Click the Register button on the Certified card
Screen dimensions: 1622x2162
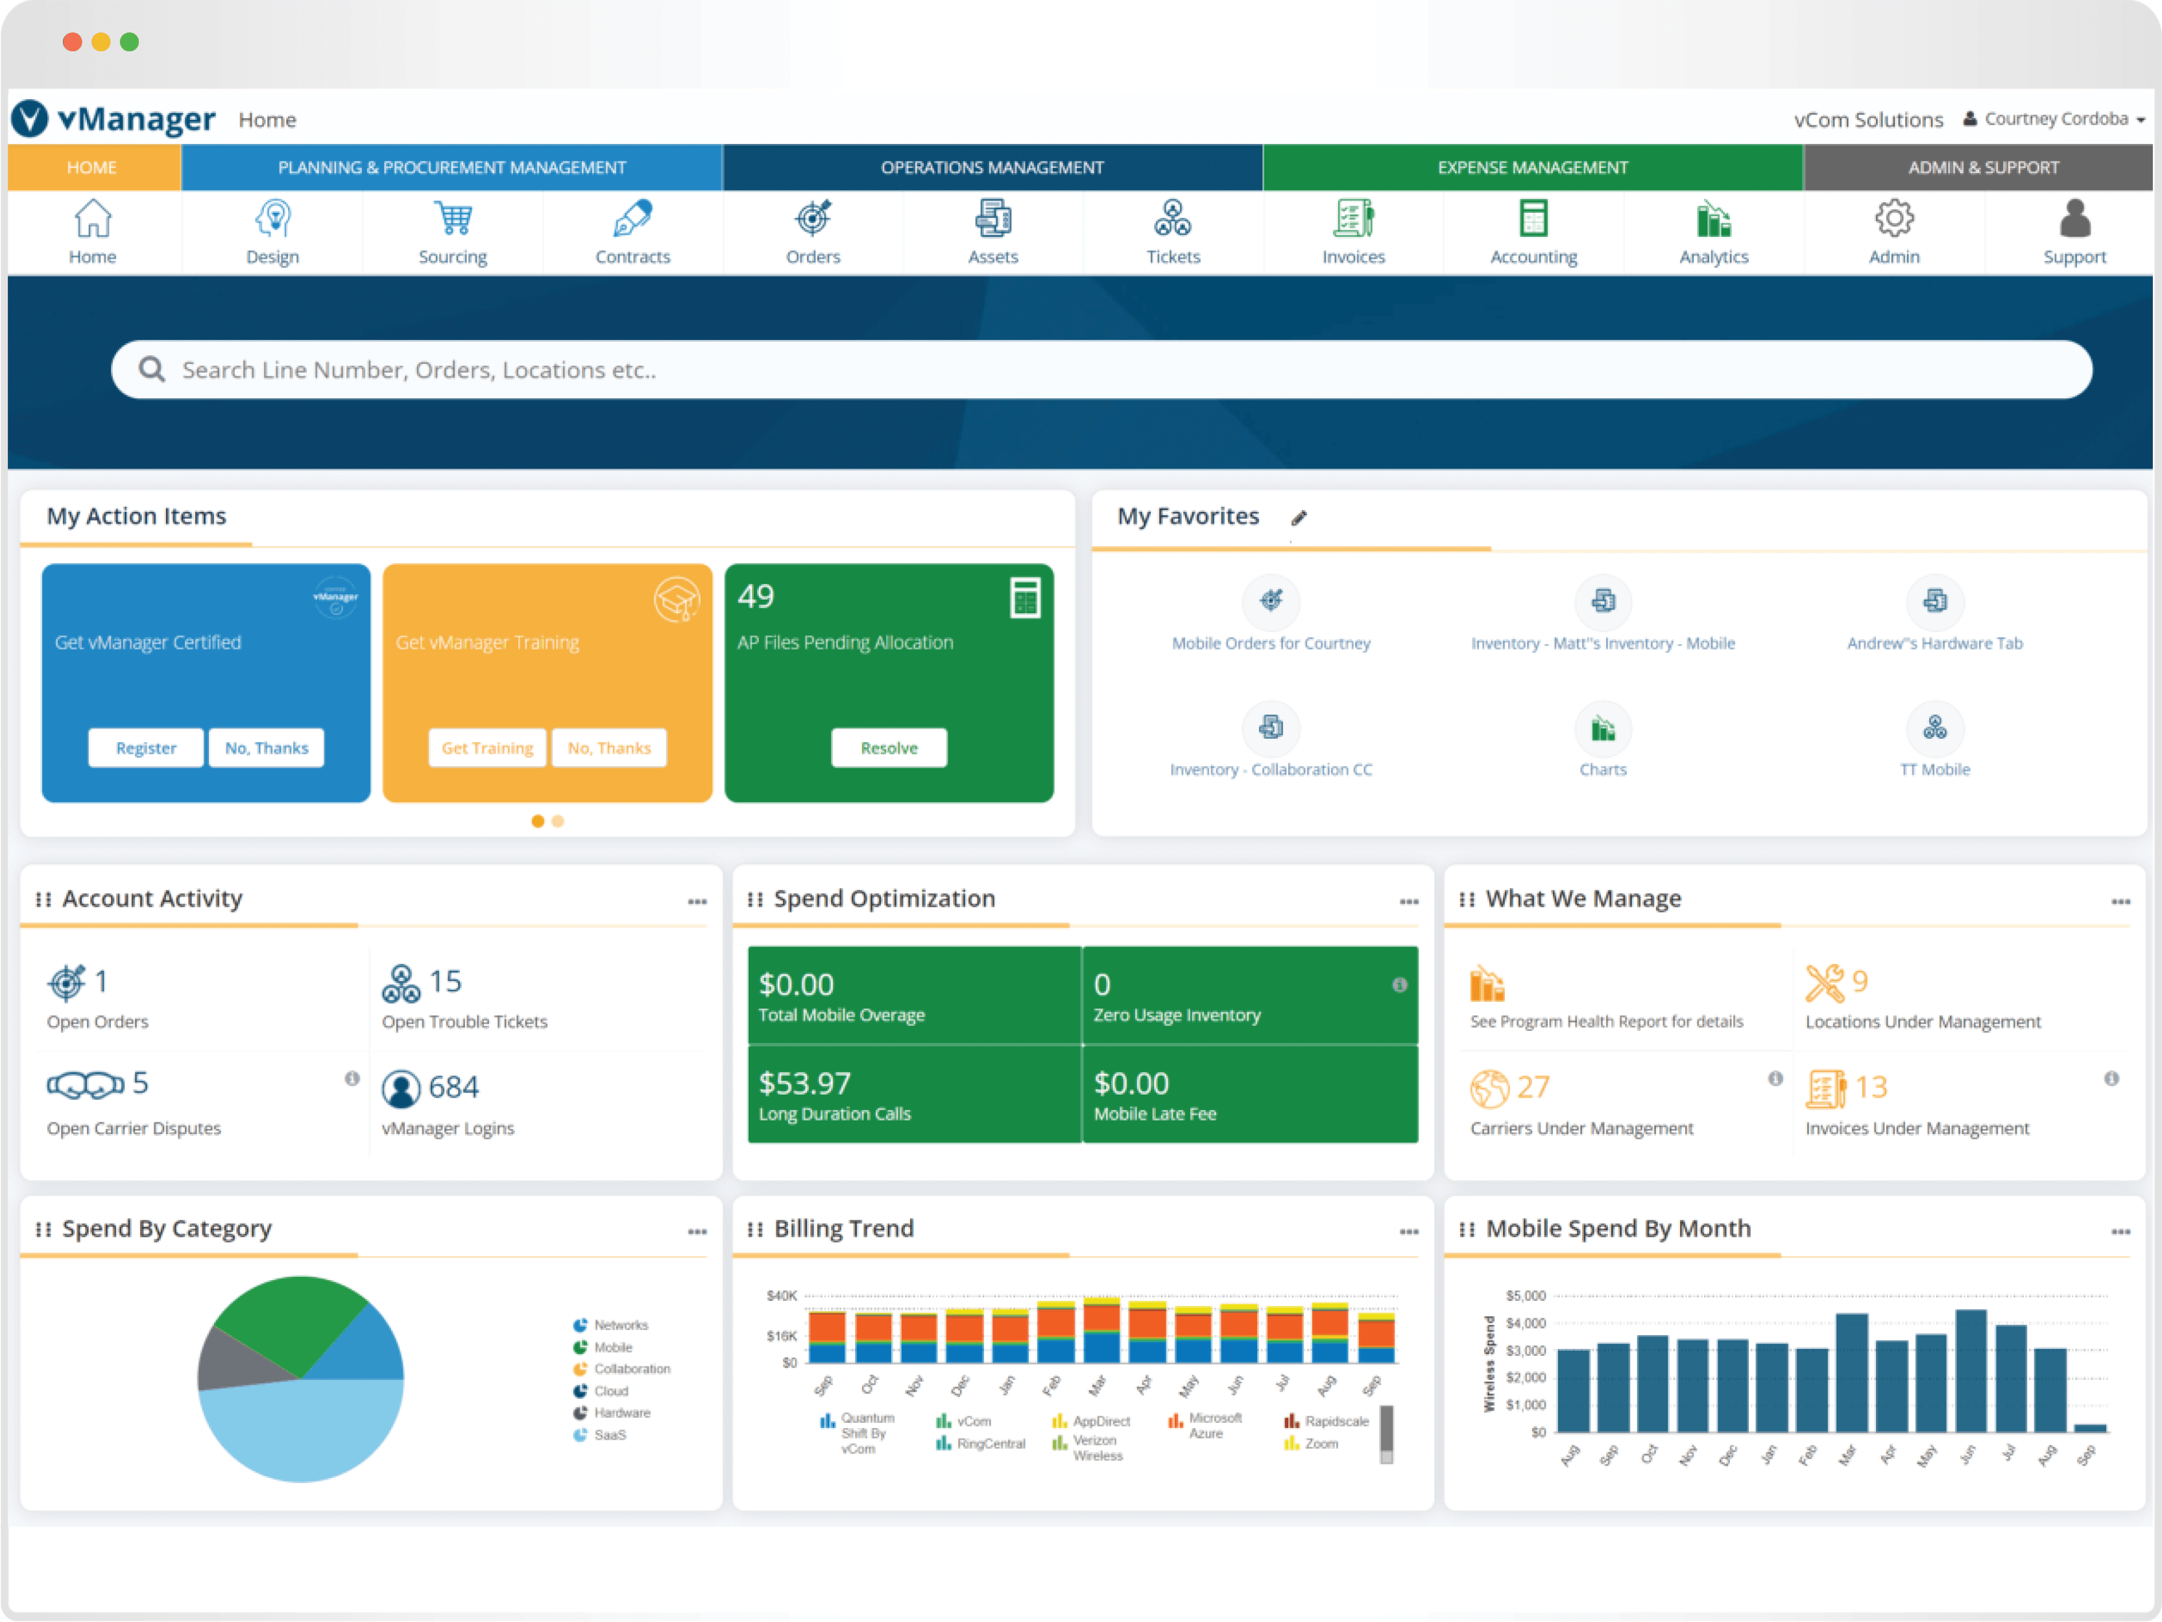click(x=146, y=748)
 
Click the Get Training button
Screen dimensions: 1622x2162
click(x=486, y=748)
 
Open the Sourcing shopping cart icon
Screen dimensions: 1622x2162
click(x=453, y=219)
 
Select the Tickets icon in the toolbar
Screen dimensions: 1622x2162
click(x=1172, y=219)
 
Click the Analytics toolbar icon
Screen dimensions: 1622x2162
click(x=1712, y=219)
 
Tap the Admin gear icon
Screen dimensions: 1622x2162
click(x=1893, y=219)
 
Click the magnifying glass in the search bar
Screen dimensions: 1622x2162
click(x=152, y=370)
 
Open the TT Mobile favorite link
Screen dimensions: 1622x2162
click(x=1934, y=769)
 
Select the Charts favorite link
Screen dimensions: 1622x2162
click(x=1602, y=769)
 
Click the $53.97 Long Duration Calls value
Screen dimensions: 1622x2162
click(x=804, y=1083)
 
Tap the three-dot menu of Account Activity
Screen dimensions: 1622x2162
click(x=697, y=901)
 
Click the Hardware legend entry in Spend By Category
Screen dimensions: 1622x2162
click(x=621, y=1413)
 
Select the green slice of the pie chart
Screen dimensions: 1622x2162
click(x=289, y=1320)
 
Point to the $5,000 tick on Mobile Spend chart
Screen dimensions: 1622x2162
click(x=1525, y=1296)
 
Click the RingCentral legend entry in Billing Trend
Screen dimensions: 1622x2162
click(x=990, y=1444)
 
